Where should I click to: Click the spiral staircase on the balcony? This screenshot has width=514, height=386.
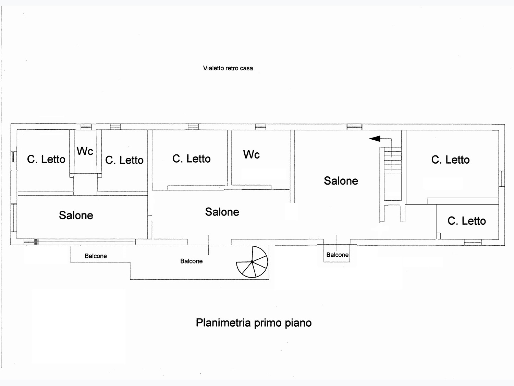point(252,262)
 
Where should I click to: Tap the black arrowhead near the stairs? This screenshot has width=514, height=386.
point(375,139)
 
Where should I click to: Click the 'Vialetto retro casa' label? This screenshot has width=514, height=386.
point(228,68)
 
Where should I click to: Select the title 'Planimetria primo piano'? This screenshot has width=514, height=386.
point(254,323)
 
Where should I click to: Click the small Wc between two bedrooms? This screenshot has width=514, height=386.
point(85,151)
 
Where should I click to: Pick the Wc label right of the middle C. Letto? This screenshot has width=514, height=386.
point(252,154)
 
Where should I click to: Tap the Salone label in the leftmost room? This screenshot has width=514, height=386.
point(76,215)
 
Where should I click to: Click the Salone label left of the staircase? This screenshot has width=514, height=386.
point(341,181)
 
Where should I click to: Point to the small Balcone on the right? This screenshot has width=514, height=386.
point(338,255)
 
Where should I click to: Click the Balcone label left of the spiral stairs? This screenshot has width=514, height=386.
point(191,261)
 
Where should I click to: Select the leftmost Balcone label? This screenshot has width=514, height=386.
point(96,256)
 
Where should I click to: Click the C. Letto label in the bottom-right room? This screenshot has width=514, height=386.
point(467,221)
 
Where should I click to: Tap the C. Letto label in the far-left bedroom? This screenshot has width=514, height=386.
point(46,159)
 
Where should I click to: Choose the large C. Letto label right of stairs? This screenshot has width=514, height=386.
point(451,160)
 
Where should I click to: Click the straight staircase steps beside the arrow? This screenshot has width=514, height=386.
point(392,159)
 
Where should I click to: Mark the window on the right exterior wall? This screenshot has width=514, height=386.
point(502,179)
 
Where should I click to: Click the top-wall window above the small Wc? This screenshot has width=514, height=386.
point(86,127)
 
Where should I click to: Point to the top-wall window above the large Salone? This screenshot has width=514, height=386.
point(354,127)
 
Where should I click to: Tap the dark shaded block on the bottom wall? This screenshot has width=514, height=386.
point(36,242)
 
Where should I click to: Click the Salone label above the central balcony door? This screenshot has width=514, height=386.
point(222,212)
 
